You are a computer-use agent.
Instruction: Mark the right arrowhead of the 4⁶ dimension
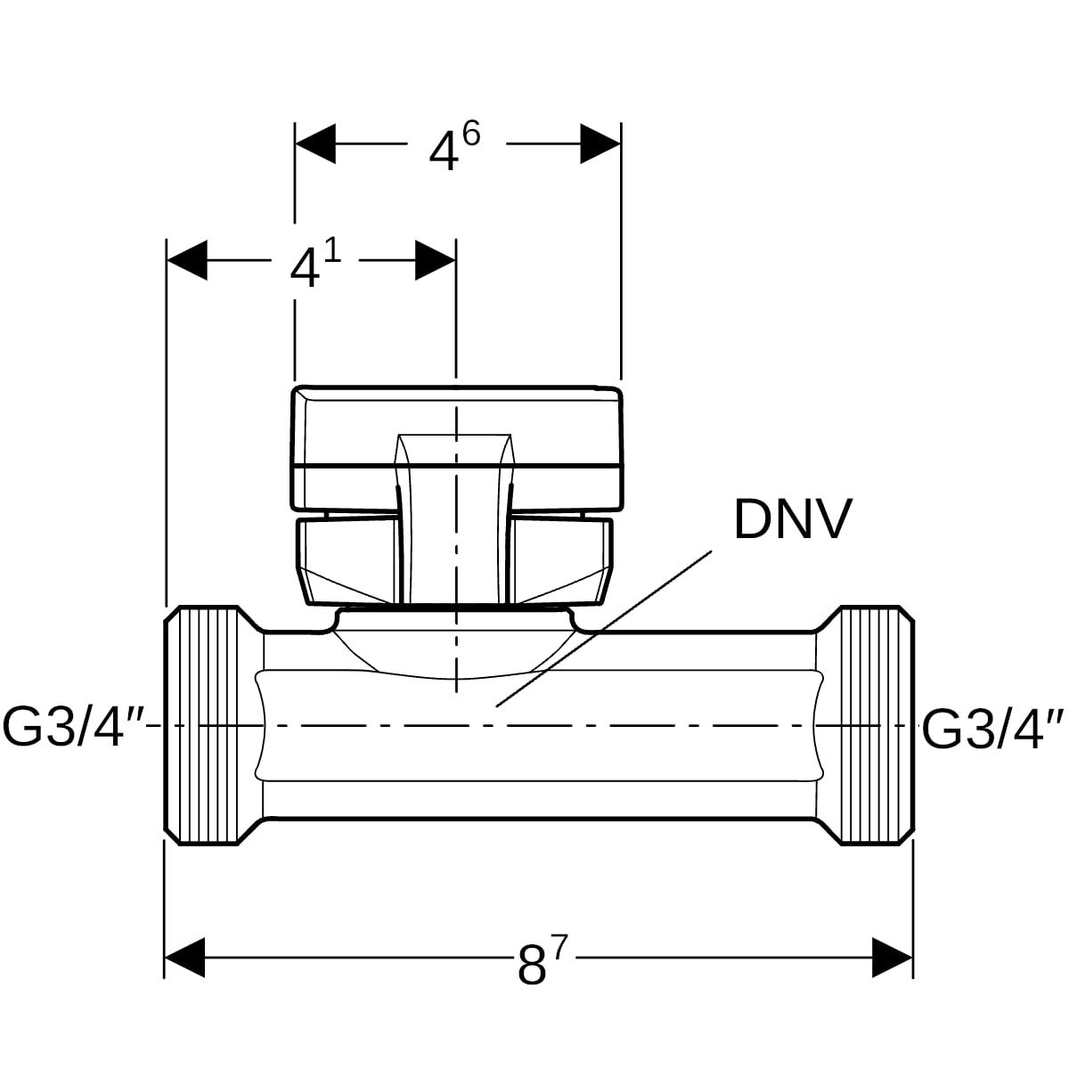pos(600,143)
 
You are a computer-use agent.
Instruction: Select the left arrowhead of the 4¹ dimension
pos(187,260)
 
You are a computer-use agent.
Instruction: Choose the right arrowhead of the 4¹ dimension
pos(436,260)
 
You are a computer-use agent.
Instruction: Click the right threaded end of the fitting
pos(877,725)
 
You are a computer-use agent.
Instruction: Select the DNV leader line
pos(606,628)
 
